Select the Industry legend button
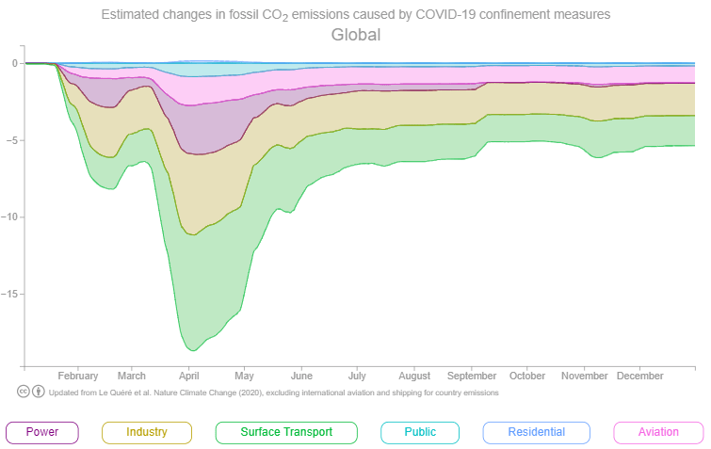point(146,432)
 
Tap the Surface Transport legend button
point(286,432)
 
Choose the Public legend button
point(420,432)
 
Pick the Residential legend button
point(536,432)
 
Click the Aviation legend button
point(657,432)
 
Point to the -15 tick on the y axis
point(10,294)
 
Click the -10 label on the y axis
point(10,216)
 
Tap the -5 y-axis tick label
point(13,140)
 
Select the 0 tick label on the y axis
point(15,63)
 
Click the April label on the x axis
point(189,375)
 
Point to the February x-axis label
point(77,375)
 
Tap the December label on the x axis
point(640,375)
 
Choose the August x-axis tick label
point(413,375)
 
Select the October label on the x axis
point(527,375)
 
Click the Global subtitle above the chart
point(355,35)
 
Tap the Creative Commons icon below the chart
point(24,392)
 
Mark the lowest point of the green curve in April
point(193,350)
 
